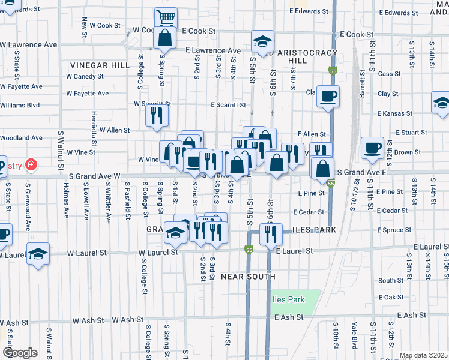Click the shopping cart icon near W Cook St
[166, 17]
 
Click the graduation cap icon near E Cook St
[262, 41]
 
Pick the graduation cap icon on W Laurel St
[38, 254]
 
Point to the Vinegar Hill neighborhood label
[92, 65]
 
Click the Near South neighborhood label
[248, 277]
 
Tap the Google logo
[19, 353]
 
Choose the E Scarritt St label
[228, 105]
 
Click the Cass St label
[389, 74]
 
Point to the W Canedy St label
[85, 77]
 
